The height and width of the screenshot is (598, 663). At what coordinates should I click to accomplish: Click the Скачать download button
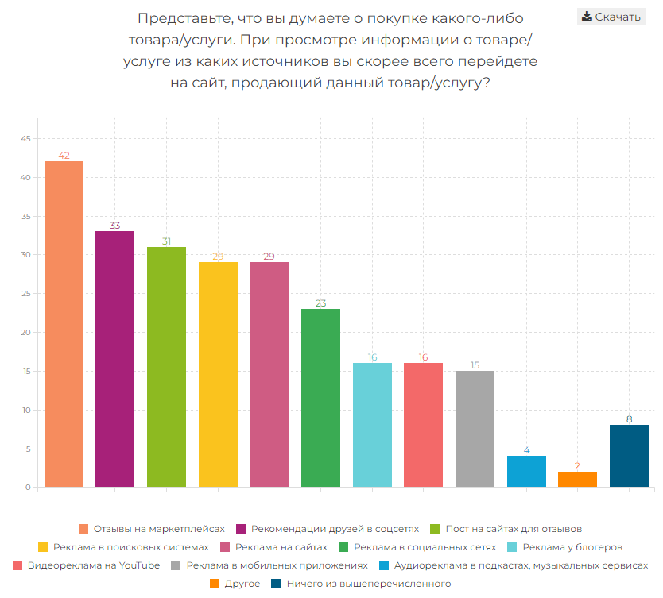coord(611,17)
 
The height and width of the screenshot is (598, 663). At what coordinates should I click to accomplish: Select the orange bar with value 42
coord(64,324)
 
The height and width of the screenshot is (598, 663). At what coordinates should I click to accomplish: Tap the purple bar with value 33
coord(115,359)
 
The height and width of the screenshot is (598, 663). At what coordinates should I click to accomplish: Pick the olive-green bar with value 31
coord(166,367)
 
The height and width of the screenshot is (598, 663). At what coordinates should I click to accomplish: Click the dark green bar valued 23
coord(320,398)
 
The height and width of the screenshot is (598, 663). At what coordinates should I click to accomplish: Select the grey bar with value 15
coord(475,429)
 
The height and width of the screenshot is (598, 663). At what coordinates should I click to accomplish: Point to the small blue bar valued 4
coord(526,471)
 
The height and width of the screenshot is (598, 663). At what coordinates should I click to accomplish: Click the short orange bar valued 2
coord(577,479)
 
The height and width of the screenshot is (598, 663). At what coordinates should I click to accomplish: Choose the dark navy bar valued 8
coord(629,456)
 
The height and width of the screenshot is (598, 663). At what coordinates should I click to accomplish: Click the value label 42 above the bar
coord(64,156)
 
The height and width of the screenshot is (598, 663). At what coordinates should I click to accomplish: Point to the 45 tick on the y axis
coord(25,139)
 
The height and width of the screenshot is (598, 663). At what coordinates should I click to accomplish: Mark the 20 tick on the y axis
coord(25,333)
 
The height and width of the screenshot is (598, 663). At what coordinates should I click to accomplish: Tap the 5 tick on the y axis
coord(27,449)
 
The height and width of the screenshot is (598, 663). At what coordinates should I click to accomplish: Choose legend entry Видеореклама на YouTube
coord(93,565)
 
